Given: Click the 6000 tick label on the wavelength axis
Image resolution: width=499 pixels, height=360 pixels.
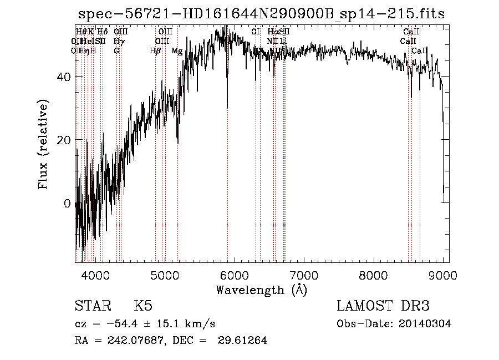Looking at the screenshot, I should click(x=234, y=275).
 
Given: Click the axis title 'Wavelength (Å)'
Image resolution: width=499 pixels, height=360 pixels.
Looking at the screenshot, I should click(x=261, y=290).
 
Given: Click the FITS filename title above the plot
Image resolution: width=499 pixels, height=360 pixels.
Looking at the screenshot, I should click(x=261, y=14).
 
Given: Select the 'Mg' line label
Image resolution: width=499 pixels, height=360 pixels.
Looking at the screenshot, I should click(x=177, y=51).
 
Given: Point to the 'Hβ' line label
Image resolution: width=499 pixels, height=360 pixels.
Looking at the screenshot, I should click(x=155, y=51).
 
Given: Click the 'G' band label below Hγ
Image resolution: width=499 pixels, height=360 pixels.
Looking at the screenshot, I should click(x=116, y=51).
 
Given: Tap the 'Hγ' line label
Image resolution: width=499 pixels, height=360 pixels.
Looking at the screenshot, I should click(x=119, y=41).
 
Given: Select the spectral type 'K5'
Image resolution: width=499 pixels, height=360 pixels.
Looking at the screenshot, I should click(x=143, y=306).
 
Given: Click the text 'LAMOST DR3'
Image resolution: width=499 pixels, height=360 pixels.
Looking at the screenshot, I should click(x=383, y=306).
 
